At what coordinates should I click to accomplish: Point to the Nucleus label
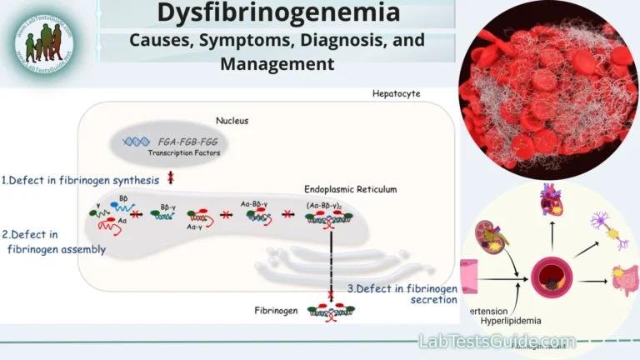231,121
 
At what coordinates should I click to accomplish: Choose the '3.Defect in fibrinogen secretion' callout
402,294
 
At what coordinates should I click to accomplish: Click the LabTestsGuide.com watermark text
496,342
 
